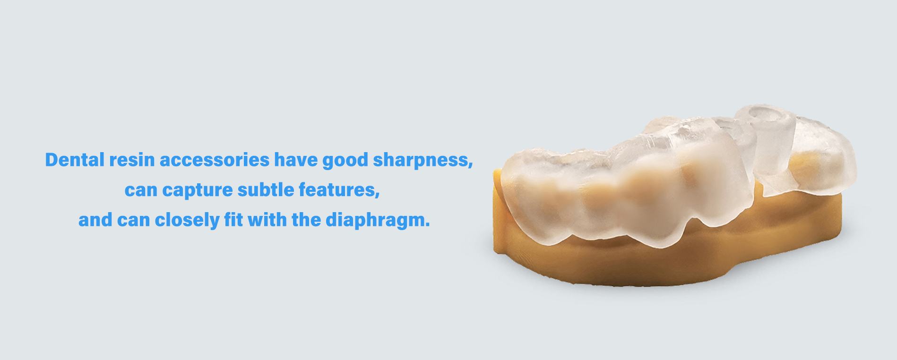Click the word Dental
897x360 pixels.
(x=75, y=160)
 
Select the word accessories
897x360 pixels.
(x=215, y=160)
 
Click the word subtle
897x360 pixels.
(x=266, y=189)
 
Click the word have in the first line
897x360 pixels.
(x=296, y=160)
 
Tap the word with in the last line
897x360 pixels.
(x=267, y=220)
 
